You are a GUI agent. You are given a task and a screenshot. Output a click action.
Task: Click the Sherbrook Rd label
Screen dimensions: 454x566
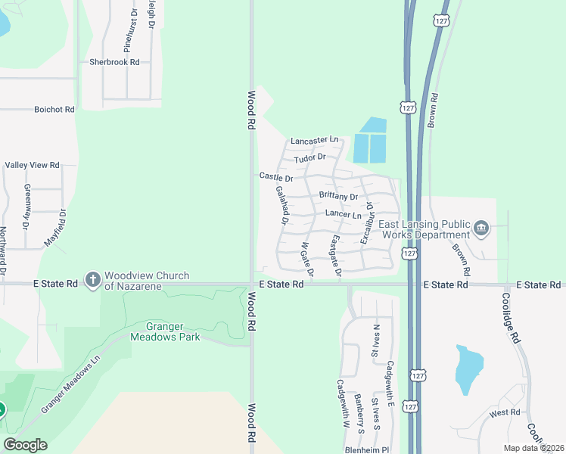point(114,62)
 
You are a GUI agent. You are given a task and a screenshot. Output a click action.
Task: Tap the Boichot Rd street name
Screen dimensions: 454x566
point(54,109)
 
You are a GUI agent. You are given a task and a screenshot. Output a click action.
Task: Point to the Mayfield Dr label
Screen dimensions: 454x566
point(54,228)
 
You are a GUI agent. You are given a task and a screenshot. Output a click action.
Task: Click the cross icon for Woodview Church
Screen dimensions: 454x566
point(93,280)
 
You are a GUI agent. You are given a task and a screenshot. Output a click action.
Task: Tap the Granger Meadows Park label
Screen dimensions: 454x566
point(166,331)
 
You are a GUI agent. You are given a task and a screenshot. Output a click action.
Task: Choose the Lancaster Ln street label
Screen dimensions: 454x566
point(314,140)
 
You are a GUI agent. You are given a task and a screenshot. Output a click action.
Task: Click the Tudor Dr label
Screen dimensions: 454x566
point(309,157)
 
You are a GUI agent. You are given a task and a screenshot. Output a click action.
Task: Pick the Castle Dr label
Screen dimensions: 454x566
point(276,176)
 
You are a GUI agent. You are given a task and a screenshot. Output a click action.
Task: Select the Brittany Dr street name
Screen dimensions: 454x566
point(337,196)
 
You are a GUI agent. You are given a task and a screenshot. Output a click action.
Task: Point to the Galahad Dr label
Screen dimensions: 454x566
point(281,206)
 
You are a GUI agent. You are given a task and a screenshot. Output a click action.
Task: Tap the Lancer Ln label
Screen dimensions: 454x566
point(343,215)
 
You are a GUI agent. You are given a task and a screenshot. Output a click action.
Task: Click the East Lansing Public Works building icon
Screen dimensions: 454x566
point(481,229)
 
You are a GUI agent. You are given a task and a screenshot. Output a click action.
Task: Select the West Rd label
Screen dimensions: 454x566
point(505,412)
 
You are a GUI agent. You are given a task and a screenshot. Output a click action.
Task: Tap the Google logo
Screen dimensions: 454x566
point(25,445)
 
